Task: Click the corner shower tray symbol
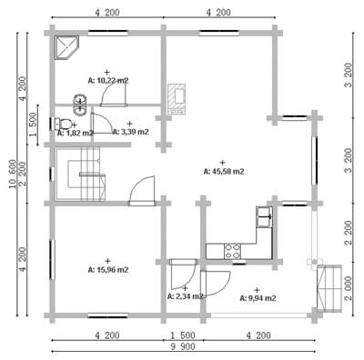pyautogui.click(x=66, y=48)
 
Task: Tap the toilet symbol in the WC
pyautogui.click(x=62, y=124)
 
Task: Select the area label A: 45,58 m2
pyautogui.click(x=224, y=172)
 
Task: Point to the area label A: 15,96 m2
pyautogui.click(x=108, y=270)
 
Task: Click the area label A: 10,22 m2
pyautogui.click(x=108, y=81)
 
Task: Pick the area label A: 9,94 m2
pyautogui.click(x=258, y=298)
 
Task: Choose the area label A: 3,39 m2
pyautogui.click(x=130, y=132)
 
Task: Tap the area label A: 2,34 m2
pyautogui.click(x=185, y=296)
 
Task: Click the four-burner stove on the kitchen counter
pyautogui.click(x=233, y=252)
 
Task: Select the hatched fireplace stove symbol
pyautogui.click(x=177, y=99)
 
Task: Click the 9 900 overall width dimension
pyautogui.click(x=183, y=346)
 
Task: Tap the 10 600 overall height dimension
pyautogui.click(x=13, y=174)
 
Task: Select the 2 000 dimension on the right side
pyautogui.click(x=349, y=288)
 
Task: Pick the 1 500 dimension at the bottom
pyautogui.click(x=183, y=335)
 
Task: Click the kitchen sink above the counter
pyautogui.click(x=264, y=216)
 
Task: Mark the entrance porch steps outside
pyautogui.click(x=329, y=288)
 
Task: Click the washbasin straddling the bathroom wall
pyautogui.click(x=80, y=105)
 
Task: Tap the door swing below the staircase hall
pyautogui.click(x=142, y=190)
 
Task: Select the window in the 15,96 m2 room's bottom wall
pyautogui.click(x=107, y=315)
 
